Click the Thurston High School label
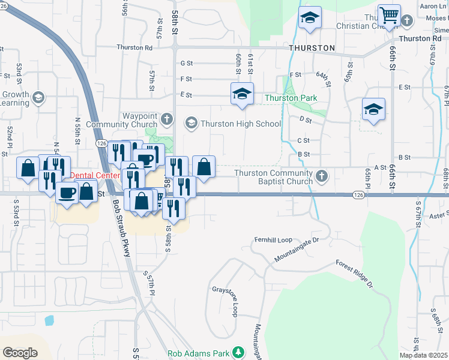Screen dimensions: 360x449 pos(240,124)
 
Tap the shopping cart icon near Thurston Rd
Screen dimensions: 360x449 pos(390,16)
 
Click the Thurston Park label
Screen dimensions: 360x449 pos(291,98)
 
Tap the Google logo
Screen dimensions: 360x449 pos(20,352)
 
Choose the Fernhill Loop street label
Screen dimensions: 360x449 pos(273,238)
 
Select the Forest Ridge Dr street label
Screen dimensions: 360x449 pos(354,274)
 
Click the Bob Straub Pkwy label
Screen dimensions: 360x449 pos(121,228)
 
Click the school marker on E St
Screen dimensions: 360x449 pos(242,94)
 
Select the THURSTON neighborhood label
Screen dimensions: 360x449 pos(312,47)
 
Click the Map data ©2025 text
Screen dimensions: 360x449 pos(423,355)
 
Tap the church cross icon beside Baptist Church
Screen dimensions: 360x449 pos(322,176)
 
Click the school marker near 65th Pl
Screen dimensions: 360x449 pos(373,109)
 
